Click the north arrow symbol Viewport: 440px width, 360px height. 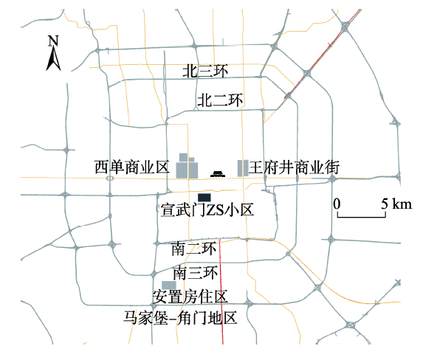53,58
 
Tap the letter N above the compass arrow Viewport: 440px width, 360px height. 53,41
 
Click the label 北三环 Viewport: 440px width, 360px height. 205,71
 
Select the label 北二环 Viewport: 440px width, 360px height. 220,100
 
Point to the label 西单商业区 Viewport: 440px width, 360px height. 132,167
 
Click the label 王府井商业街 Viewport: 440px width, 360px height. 294,167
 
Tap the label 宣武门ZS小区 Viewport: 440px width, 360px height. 207,210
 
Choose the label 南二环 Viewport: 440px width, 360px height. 194,249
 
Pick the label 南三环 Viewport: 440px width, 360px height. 196,273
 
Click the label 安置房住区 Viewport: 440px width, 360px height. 190,297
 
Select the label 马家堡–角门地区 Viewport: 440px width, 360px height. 180,318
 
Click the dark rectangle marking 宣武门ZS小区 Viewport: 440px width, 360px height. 204,198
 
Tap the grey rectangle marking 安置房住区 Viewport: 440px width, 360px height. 169,285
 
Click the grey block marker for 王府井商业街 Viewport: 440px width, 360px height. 243,168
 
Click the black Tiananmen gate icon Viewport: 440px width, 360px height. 218,174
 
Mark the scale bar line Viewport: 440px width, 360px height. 362,217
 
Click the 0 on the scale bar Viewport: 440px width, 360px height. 337,204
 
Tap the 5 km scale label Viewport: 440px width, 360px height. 396,204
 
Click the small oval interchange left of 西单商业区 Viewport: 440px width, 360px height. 110,178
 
